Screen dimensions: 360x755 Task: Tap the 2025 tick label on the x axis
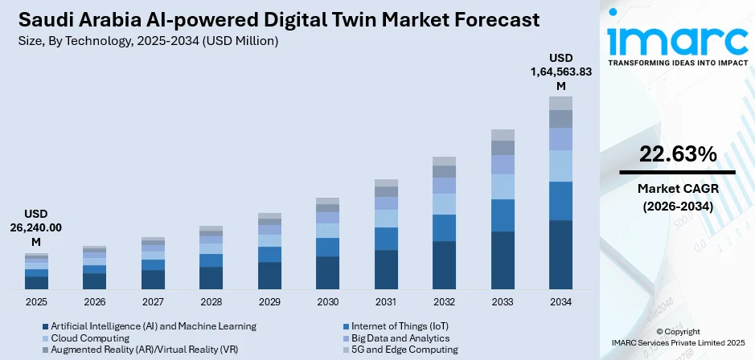pyautogui.click(x=36, y=302)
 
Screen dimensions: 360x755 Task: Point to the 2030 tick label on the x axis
pyautogui.click(x=327, y=302)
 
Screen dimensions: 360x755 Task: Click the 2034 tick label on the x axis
pyautogui.click(x=560, y=302)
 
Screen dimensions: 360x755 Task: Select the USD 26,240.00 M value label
pyautogui.click(x=36, y=228)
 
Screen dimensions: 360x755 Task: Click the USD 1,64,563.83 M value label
pyautogui.click(x=560, y=72)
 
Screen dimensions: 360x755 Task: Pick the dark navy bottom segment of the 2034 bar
pyautogui.click(x=560, y=254)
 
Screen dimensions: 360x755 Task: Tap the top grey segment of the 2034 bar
pyautogui.click(x=560, y=103)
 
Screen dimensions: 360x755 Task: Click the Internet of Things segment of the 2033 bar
pyautogui.click(x=503, y=215)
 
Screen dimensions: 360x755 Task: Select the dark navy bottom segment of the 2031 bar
pyautogui.click(x=386, y=269)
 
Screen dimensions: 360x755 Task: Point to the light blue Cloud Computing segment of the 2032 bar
pyautogui.click(x=444, y=204)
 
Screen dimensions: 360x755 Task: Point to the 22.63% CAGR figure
pyautogui.click(x=677, y=155)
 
